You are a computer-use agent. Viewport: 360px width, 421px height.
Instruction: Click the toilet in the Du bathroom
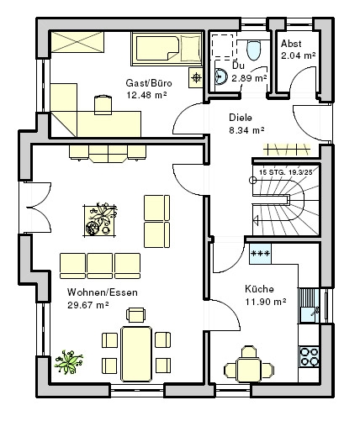(254, 50)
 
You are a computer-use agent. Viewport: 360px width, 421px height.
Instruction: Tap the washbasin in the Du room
(220, 76)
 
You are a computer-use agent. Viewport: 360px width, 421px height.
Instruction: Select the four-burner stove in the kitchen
(309, 357)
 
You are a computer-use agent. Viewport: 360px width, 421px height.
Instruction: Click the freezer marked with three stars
(260, 254)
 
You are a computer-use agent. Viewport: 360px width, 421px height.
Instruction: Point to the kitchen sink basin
(309, 314)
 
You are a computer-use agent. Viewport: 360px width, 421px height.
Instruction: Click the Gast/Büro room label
(149, 83)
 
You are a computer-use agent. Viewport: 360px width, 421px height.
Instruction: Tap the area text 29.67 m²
(88, 305)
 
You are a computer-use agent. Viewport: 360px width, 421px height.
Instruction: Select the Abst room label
(291, 44)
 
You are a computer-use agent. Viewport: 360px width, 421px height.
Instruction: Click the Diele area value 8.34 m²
(246, 130)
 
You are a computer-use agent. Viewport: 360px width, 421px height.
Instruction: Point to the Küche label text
(259, 289)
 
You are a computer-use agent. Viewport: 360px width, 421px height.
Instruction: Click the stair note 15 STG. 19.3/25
(286, 172)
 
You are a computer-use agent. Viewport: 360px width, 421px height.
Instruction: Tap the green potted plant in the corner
(69, 361)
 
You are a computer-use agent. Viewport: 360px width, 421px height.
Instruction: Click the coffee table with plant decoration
(99, 221)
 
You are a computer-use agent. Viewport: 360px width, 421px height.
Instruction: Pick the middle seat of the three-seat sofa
(99, 266)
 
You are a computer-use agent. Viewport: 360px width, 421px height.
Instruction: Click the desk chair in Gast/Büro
(103, 105)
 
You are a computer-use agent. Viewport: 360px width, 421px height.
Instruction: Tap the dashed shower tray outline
(223, 46)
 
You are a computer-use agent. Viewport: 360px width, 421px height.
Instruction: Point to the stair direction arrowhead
(256, 220)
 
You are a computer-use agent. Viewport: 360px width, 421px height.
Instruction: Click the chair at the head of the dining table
(136, 314)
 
